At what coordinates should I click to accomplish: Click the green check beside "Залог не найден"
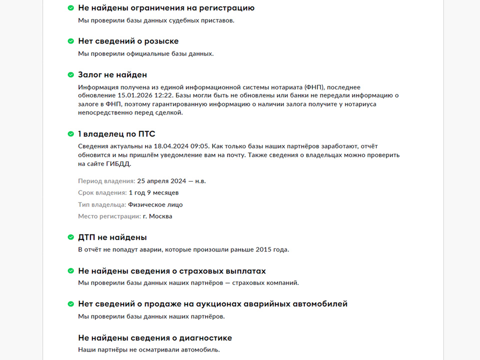(x=71, y=74)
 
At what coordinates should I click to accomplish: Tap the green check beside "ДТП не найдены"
(x=71, y=237)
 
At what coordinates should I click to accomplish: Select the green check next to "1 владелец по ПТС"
(x=71, y=134)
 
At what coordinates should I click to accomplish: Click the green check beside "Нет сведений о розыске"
(x=71, y=41)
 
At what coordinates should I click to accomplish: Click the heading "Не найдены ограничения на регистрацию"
(x=166, y=8)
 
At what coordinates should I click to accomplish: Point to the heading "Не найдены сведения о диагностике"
(x=155, y=338)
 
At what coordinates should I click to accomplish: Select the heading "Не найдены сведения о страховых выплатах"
(x=172, y=271)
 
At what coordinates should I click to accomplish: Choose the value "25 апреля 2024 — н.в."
(x=171, y=181)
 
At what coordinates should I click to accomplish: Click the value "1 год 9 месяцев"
(x=153, y=192)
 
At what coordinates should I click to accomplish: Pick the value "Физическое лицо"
(x=155, y=204)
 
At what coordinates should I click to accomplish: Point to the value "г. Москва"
(x=157, y=216)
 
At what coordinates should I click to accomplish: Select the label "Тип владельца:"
(x=102, y=204)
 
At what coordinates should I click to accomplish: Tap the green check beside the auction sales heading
(x=71, y=304)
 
